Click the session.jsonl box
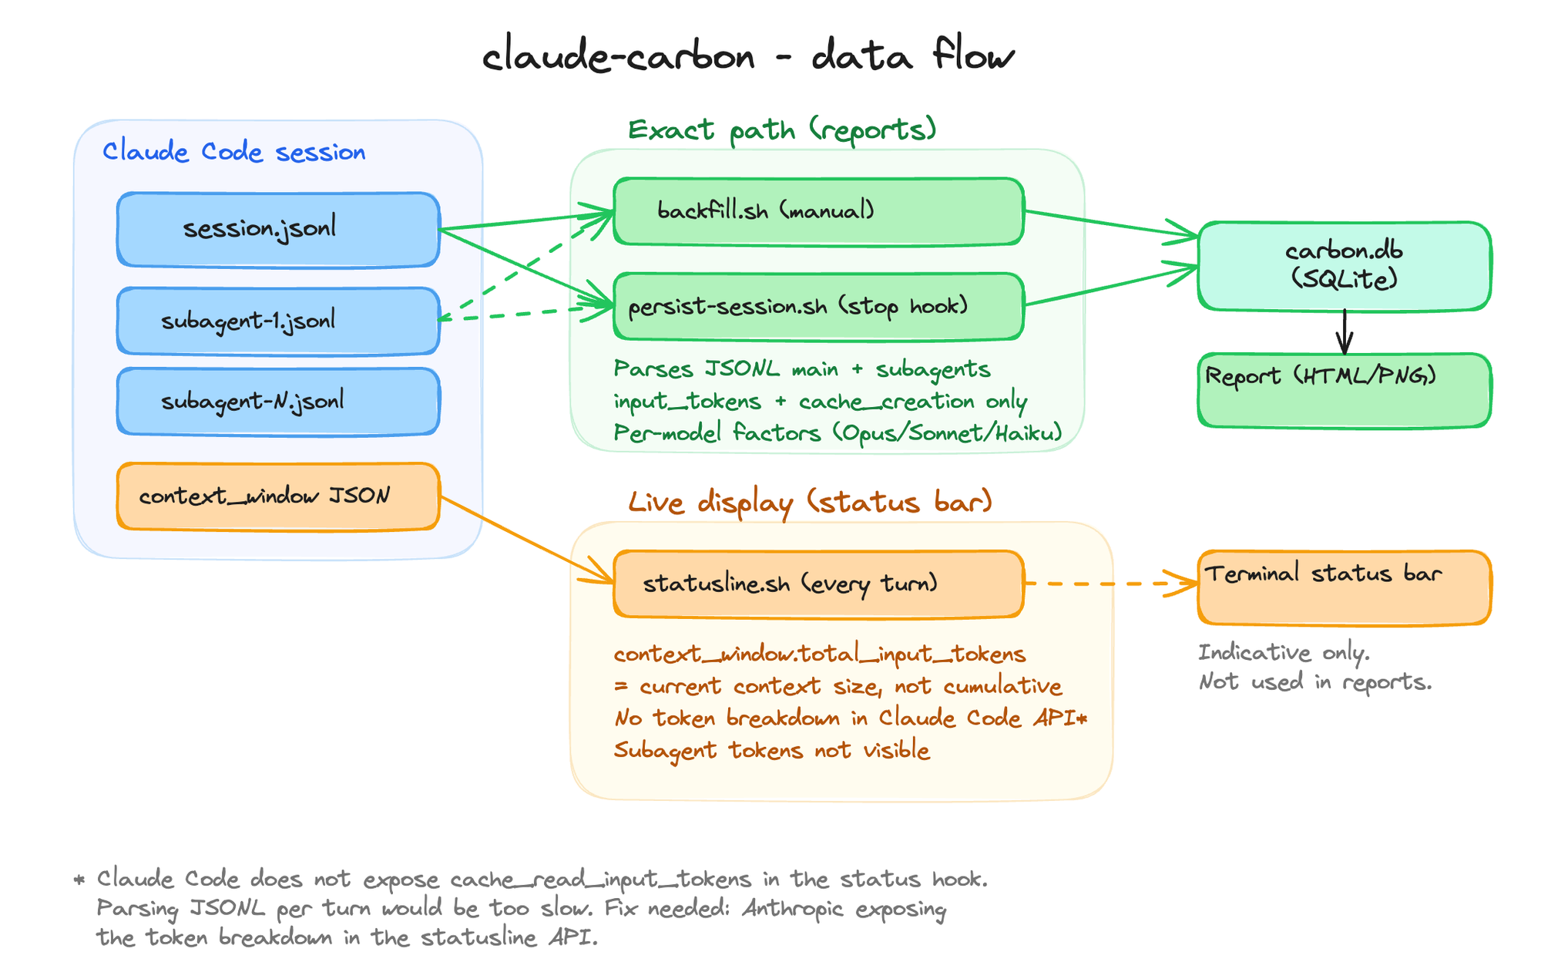tap(278, 230)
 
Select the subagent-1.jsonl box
tap(278, 321)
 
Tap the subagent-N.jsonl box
tap(278, 402)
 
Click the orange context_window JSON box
tap(278, 496)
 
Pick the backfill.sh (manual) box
tap(818, 211)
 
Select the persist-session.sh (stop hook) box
tap(818, 307)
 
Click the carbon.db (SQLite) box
tap(1345, 266)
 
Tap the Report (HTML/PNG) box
tap(1345, 390)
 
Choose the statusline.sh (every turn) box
tap(818, 584)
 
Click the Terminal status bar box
tap(1345, 587)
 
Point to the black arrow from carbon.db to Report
tap(1345, 331)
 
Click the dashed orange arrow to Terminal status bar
tap(1110, 584)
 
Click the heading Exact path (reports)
tap(782, 130)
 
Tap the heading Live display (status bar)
tap(810, 503)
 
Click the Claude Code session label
tap(234, 152)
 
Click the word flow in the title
tap(972, 56)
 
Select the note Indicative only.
tap(1284, 653)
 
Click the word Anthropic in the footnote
tap(793, 909)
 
